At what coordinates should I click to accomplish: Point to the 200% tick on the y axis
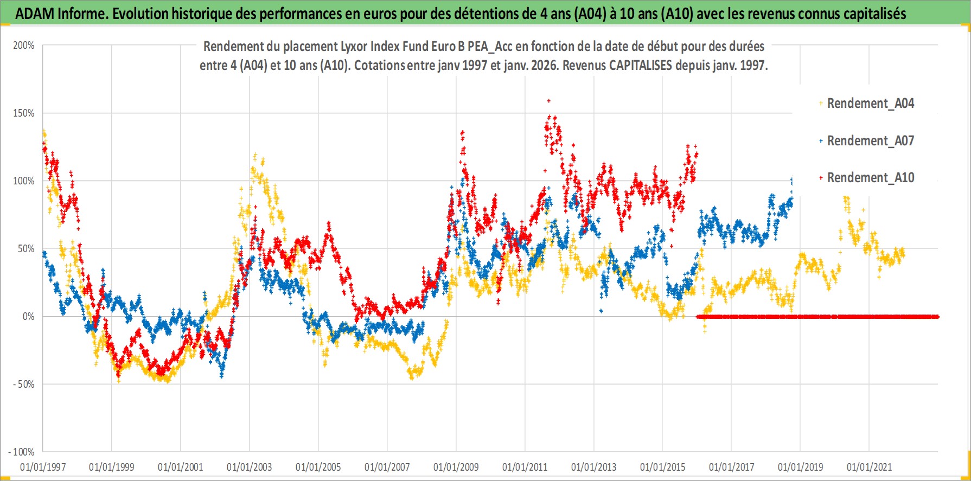(24, 46)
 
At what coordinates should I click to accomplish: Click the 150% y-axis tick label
(24, 113)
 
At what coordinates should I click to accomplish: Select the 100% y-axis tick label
(24, 181)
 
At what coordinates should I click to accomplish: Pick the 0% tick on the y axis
(28, 317)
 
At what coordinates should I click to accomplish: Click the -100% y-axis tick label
(22, 452)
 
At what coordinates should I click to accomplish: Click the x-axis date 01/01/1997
(43, 467)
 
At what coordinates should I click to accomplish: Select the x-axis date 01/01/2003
(250, 467)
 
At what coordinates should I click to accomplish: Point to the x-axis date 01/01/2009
(456, 467)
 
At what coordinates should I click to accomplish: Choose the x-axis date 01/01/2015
(663, 467)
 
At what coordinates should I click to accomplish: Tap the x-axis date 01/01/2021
(870, 467)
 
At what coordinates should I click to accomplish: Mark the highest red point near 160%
(549, 100)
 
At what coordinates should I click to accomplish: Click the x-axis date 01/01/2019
(801, 467)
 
